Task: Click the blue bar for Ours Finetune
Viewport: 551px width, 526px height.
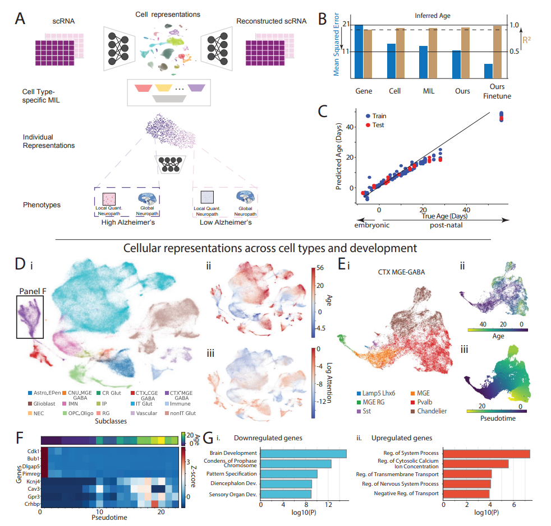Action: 488,71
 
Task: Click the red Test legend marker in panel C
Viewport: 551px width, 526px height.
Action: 368,125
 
